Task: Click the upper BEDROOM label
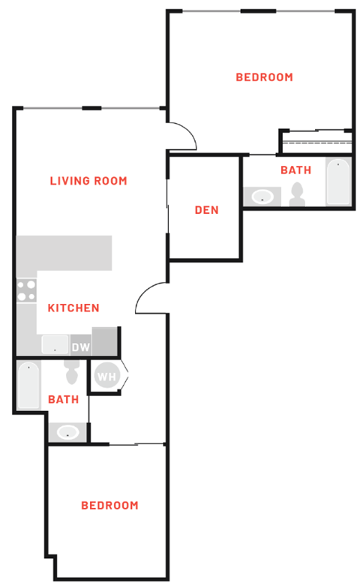pyautogui.click(x=264, y=77)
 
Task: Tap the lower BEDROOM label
pyautogui.click(x=109, y=505)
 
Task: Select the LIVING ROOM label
pyautogui.click(x=88, y=181)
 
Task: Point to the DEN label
pyautogui.click(x=206, y=210)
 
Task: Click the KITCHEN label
pyautogui.click(x=73, y=308)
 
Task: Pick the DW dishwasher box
pyautogui.click(x=80, y=347)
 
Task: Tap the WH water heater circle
pyautogui.click(x=106, y=377)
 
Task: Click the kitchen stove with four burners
pyautogui.click(x=26, y=290)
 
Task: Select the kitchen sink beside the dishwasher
pyautogui.click(x=55, y=345)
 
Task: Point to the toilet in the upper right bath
pyautogui.click(x=298, y=194)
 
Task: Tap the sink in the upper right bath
pyautogui.click(x=262, y=197)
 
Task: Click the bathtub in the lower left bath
pyautogui.click(x=28, y=385)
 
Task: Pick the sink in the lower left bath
pyautogui.click(x=68, y=432)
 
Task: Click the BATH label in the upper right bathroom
pyautogui.click(x=295, y=170)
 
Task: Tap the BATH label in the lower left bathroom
pyautogui.click(x=63, y=399)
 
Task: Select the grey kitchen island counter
pyautogui.click(x=64, y=254)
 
